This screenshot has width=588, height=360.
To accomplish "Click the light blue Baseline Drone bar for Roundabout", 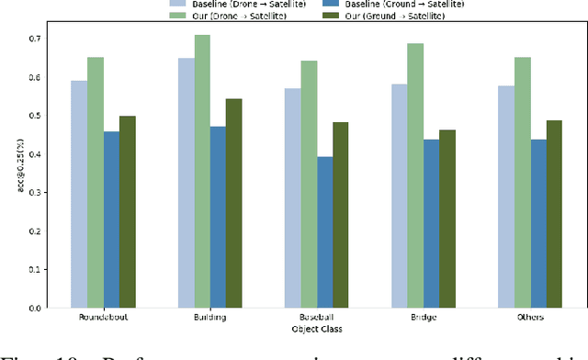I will [x=80, y=194].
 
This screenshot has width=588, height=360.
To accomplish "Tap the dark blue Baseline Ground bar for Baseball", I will [x=324, y=232].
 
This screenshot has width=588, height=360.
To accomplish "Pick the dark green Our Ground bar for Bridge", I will [x=447, y=219].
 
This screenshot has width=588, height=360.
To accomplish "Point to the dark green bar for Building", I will [x=233, y=203].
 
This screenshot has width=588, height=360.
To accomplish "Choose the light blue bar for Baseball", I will [x=292, y=197].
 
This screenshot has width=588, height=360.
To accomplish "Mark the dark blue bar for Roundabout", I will [x=111, y=219].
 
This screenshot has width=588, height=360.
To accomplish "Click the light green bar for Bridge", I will [x=415, y=175].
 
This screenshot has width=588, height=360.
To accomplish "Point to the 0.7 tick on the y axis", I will [x=34, y=39].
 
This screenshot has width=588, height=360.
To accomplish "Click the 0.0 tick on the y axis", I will [x=34, y=308].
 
